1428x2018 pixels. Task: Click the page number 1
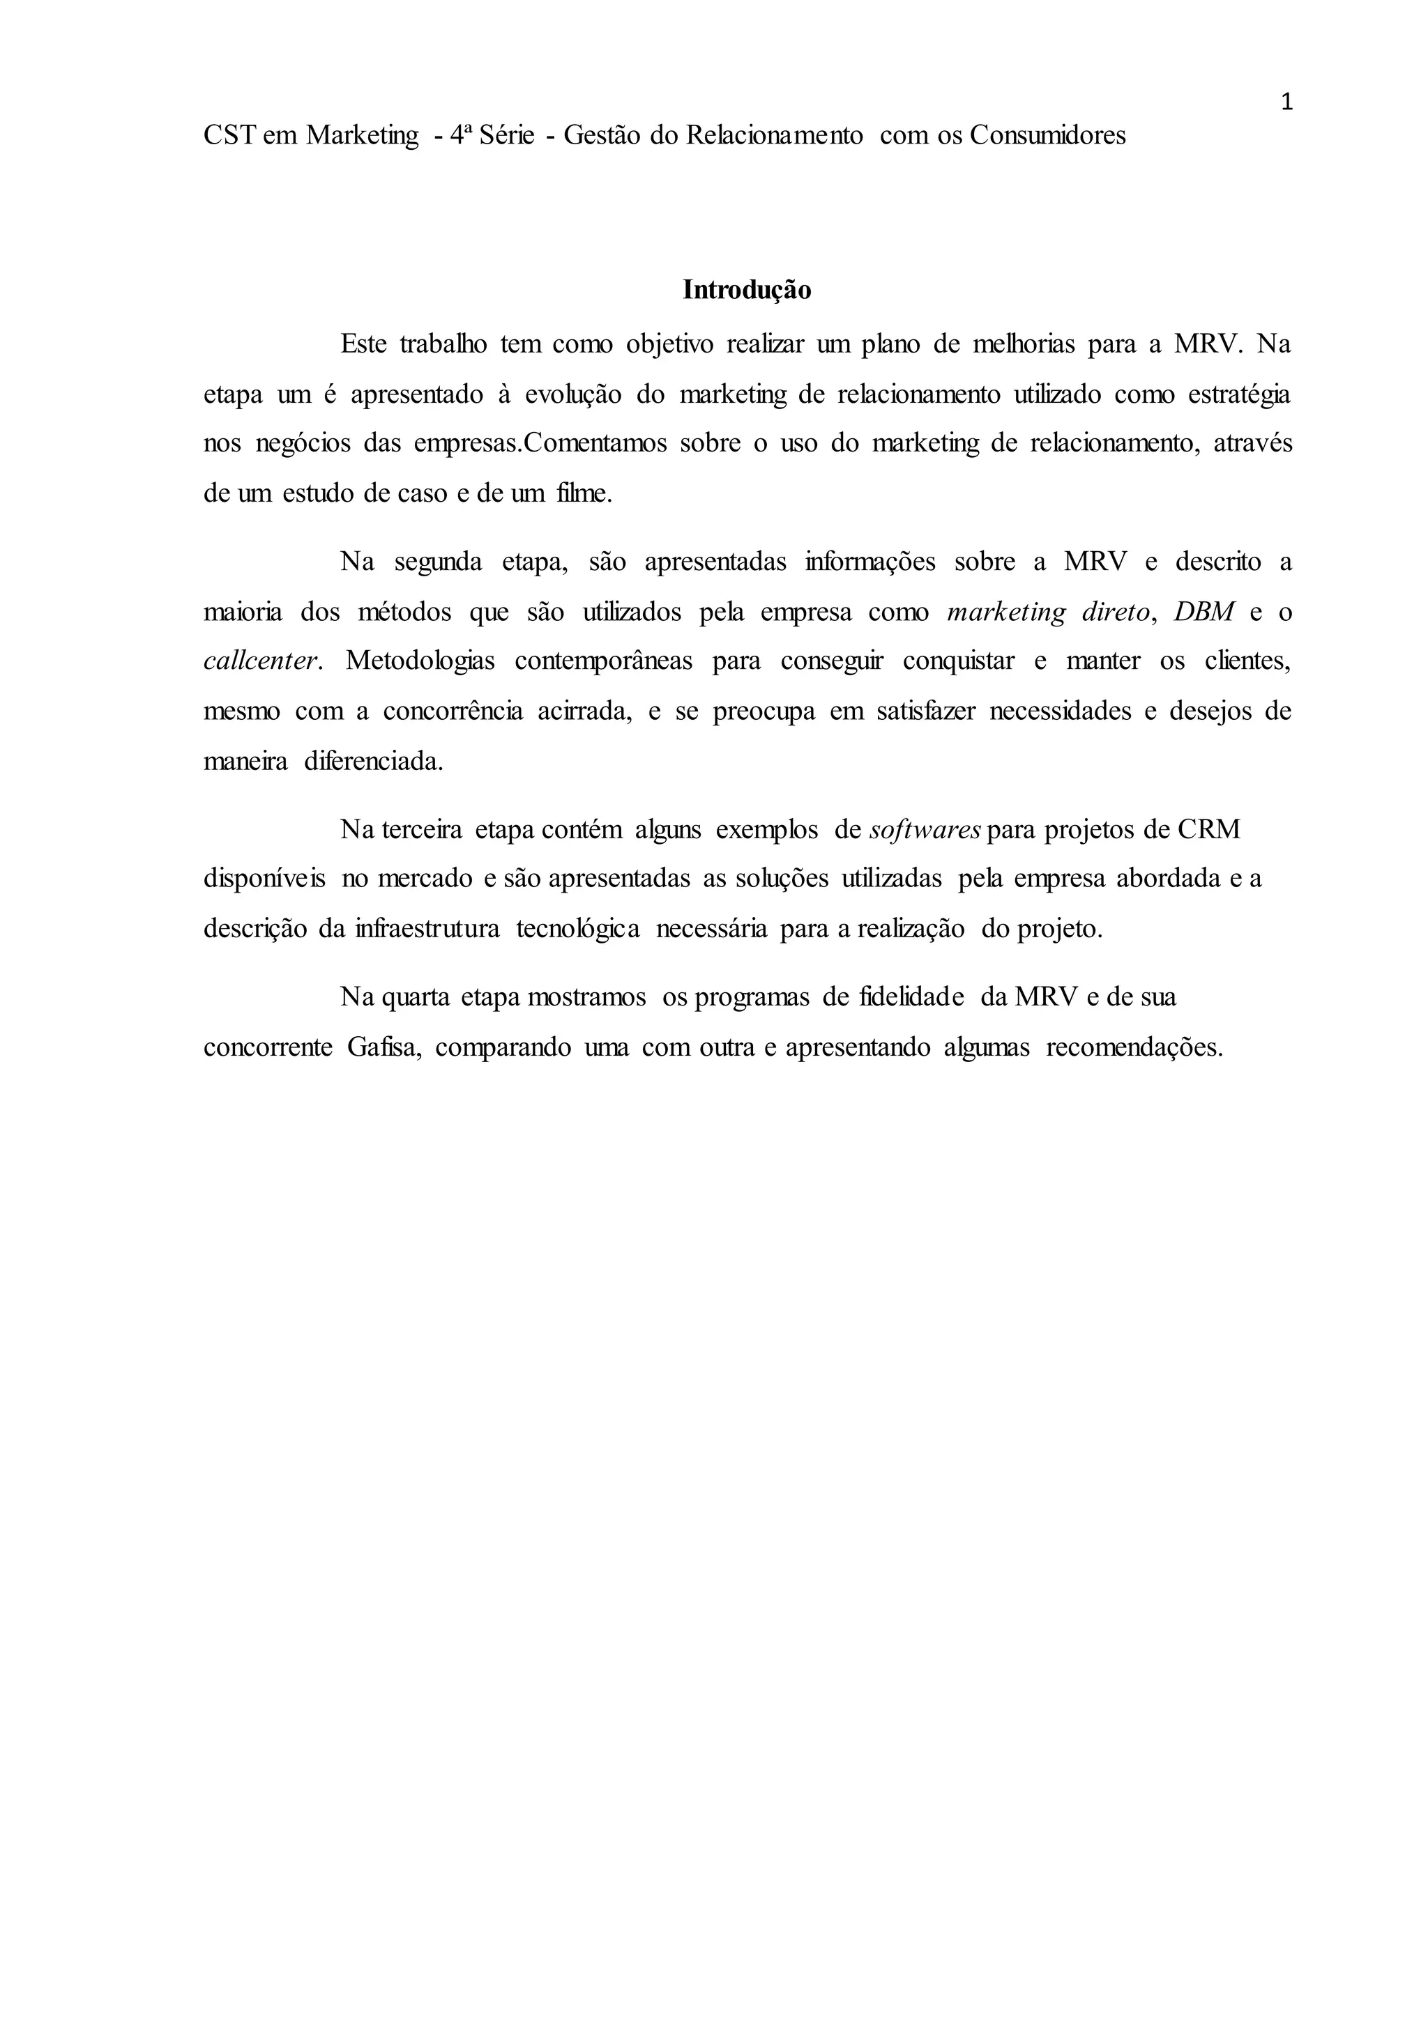[1286, 103]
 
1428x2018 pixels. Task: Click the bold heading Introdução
[747, 290]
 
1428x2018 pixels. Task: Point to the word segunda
[438, 562]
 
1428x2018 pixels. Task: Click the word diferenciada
[374, 761]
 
